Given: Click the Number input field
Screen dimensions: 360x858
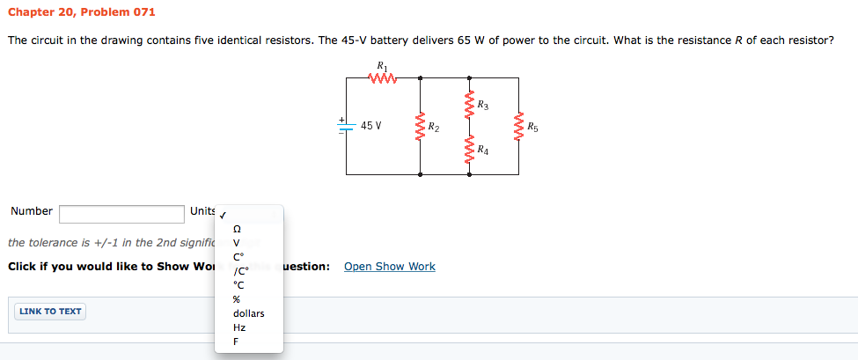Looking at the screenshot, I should tap(121, 213).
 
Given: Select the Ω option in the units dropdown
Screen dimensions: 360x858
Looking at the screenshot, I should tap(236, 229).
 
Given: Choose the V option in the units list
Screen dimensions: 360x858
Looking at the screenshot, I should tap(236, 244).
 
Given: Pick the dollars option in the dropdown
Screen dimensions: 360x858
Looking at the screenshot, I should tap(248, 313).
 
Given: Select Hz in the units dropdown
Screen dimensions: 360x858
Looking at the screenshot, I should tap(238, 327).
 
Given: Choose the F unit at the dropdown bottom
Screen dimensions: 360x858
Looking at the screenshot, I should tap(236, 342).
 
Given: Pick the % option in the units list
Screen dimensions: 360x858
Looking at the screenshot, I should tap(236, 299).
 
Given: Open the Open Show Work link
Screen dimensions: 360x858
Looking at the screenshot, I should tap(389, 267).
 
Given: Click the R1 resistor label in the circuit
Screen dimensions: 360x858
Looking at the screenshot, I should tap(381, 66).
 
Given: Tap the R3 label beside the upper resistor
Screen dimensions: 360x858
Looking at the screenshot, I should tap(482, 106).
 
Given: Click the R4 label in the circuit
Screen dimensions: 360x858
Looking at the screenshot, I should tap(482, 151).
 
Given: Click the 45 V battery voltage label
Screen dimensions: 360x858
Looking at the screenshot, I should tap(371, 126).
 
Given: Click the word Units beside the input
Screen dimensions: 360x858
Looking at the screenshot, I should tap(202, 211).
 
